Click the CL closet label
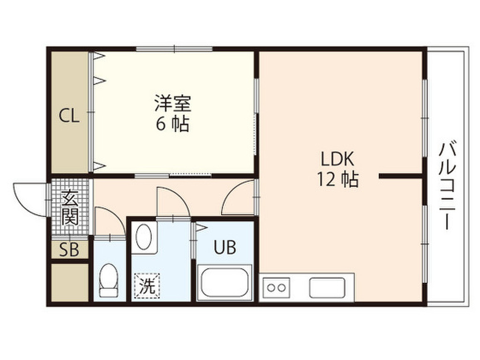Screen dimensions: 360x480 point(69,115)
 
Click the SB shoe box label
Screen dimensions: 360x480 point(69,250)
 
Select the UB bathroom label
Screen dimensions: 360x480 point(225,247)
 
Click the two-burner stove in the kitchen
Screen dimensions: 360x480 point(276,286)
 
